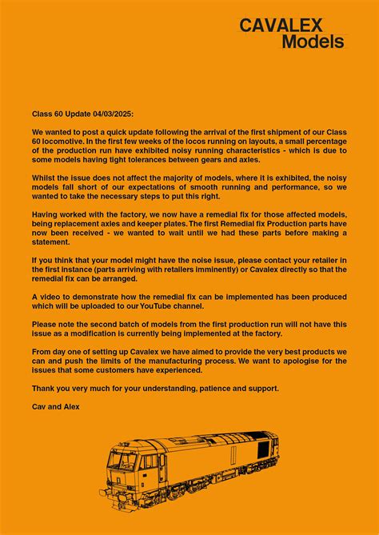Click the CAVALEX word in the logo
point(292,26)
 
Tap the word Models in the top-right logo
point(313,42)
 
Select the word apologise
point(297,361)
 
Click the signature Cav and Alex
point(56,407)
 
